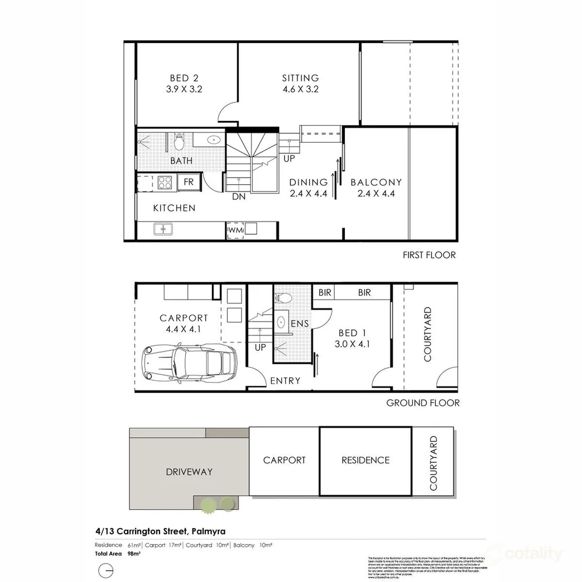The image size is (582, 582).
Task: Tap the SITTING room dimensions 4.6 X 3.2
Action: pyautogui.click(x=300, y=89)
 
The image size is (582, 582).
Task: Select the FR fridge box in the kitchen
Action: pyautogui.click(x=189, y=182)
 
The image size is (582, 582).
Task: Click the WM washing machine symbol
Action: pyautogui.click(x=235, y=230)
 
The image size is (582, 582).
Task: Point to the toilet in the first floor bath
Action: pyautogui.click(x=179, y=142)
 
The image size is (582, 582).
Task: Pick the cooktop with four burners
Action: pyautogui.click(x=164, y=183)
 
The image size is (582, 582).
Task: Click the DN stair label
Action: pyautogui.click(x=239, y=197)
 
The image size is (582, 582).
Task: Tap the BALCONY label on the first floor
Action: pyautogui.click(x=376, y=183)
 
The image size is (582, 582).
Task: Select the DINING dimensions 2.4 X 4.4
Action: pyautogui.click(x=308, y=194)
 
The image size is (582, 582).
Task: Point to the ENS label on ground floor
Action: pyautogui.click(x=300, y=324)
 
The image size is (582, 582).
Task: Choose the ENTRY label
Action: pyautogui.click(x=285, y=381)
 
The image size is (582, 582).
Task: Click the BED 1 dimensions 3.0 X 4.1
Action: pyautogui.click(x=352, y=344)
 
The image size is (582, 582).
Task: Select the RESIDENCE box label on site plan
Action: pyautogui.click(x=365, y=460)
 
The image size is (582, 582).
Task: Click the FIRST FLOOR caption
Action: pyautogui.click(x=429, y=255)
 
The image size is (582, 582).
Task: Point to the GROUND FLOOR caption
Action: pyautogui.click(x=422, y=403)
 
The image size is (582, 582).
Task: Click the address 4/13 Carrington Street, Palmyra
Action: pyautogui.click(x=160, y=531)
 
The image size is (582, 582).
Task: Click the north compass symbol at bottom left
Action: pyautogui.click(x=106, y=570)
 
